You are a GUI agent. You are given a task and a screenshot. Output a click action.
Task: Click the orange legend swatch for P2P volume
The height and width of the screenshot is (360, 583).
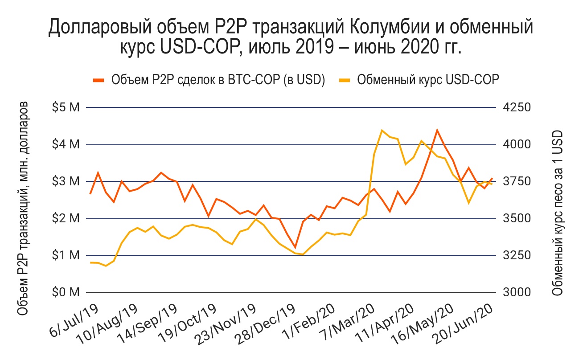coord(99,80)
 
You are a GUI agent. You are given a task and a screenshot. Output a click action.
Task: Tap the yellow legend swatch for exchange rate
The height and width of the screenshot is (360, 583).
coord(345,80)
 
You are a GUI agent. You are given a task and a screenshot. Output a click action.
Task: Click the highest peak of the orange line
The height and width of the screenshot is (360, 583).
coord(437,130)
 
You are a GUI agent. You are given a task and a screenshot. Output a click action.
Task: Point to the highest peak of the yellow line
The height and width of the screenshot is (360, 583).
coord(382,130)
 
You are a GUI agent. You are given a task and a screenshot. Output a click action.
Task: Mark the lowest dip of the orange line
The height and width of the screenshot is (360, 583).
coord(295,247)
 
